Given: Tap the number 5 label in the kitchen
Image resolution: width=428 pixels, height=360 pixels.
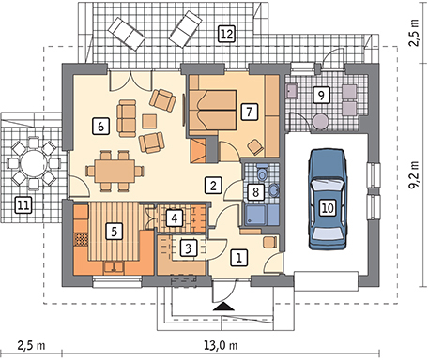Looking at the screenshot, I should [x=114, y=228].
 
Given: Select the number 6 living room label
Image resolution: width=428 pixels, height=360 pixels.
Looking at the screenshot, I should [x=99, y=125].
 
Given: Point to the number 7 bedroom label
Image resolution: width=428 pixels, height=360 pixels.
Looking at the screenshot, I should [x=249, y=111].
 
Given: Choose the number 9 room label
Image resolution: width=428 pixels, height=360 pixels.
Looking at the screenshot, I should [x=320, y=95].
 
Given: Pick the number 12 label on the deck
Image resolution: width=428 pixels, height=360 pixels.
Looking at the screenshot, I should [x=225, y=34].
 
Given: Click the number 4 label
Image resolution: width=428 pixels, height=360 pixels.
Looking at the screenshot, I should [x=175, y=218].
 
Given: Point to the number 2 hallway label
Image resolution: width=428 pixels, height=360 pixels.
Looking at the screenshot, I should [x=215, y=185].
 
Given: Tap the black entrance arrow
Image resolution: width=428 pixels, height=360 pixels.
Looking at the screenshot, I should [x=222, y=305].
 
